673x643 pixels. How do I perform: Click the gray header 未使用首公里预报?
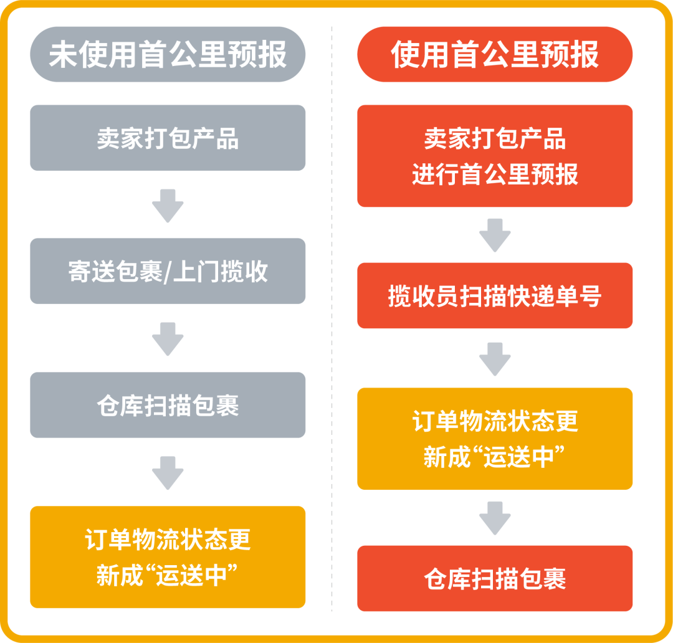[168, 54]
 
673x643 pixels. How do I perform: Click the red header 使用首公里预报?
[495, 54]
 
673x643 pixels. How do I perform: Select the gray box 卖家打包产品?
[168, 138]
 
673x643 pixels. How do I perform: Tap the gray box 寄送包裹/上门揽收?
[168, 271]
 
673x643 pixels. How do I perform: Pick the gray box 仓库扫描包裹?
[168, 405]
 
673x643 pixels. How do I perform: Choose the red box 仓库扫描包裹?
[495, 578]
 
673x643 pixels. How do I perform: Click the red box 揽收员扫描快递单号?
[495, 295]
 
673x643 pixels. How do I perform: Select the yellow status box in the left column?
[168, 557]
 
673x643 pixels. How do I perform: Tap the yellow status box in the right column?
[495, 439]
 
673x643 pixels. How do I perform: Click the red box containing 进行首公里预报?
[495, 156]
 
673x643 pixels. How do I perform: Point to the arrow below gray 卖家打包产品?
[168, 206]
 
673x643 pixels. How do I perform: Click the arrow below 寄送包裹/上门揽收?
[168, 339]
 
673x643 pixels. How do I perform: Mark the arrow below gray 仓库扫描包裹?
[168, 472]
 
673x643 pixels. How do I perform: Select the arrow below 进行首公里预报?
[495, 236]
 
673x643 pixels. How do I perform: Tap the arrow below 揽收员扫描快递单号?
[495, 359]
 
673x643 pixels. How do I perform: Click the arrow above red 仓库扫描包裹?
[495, 518]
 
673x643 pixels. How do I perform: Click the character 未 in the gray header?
[63, 54]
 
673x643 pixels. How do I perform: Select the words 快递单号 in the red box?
[554, 296]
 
